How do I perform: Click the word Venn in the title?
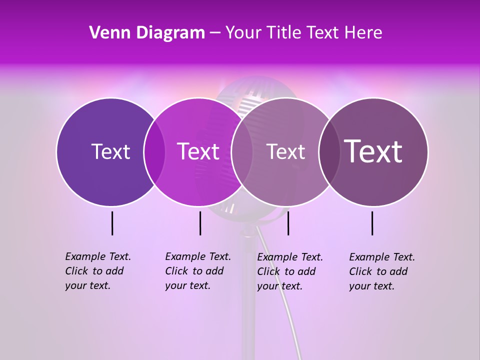tap(109, 33)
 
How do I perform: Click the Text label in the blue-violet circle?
tap(110, 151)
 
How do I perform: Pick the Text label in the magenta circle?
tap(198, 151)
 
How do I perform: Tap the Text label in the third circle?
tap(285, 151)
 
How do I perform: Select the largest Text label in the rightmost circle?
tap(373, 151)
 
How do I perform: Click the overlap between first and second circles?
tap(154, 152)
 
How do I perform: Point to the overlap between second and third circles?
tap(242, 152)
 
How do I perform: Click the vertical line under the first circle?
tap(112, 223)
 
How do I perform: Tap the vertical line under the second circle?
tap(200, 223)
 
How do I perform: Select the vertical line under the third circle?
tap(288, 223)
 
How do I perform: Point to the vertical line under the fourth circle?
tap(372, 223)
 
